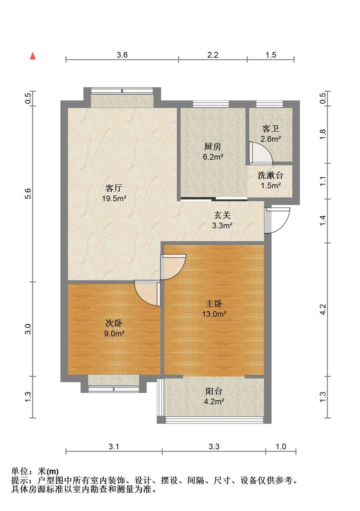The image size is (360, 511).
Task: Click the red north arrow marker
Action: [x=33, y=56]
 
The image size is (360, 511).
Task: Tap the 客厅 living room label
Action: [x=114, y=188]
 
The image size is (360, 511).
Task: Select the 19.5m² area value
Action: [x=114, y=198]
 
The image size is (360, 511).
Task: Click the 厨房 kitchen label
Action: [x=212, y=146]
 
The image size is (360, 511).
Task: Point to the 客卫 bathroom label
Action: [x=270, y=129]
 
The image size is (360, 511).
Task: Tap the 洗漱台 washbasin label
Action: [x=270, y=175]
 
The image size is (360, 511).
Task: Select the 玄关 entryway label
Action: [x=222, y=215]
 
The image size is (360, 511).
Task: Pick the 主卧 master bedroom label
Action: [x=214, y=304]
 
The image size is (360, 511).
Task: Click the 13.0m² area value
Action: [x=214, y=314]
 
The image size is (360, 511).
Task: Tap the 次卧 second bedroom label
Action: [x=114, y=323]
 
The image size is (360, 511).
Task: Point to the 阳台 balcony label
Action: [x=214, y=391]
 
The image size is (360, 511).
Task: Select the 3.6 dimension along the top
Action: [x=122, y=55]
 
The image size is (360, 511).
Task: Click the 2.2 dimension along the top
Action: [x=213, y=55]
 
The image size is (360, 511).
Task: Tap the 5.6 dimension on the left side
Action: [x=28, y=194]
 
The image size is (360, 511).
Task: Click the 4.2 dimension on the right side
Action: [x=323, y=309]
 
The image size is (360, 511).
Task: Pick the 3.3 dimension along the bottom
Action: [x=214, y=446]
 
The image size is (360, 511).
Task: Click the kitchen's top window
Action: [x=211, y=104]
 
